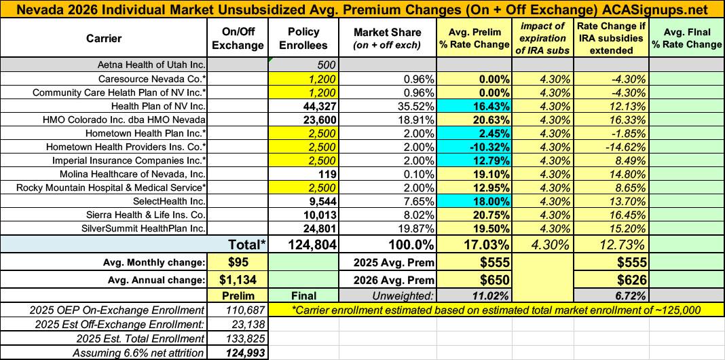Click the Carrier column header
point(104,38)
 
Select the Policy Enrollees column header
point(304,39)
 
